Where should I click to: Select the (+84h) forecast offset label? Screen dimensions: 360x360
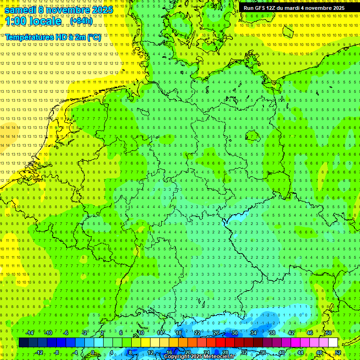(x=81, y=21)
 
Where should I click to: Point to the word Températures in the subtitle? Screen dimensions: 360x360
(x=28, y=37)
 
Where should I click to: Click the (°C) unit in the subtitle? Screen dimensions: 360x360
(x=94, y=37)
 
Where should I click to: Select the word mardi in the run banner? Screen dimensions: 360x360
(x=292, y=8)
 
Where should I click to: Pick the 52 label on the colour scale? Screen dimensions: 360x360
(x=338, y=352)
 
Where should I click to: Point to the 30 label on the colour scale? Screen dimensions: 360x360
(x=234, y=333)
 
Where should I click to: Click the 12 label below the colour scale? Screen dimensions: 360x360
(x=150, y=352)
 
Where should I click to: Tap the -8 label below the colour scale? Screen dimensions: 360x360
(x=57, y=352)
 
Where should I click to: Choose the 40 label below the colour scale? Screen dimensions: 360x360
(x=282, y=352)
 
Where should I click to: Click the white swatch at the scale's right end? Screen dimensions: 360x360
(x=333, y=342)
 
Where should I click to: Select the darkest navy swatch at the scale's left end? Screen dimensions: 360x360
(x=23, y=342)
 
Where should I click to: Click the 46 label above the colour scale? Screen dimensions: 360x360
(x=310, y=333)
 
